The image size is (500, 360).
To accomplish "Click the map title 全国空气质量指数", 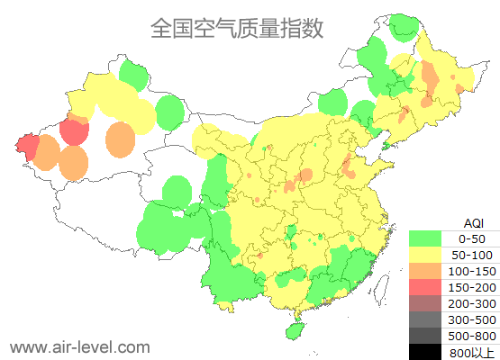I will click(236, 29).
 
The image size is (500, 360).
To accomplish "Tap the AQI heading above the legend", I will click(473, 222).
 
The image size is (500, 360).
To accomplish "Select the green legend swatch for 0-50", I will click(425, 238).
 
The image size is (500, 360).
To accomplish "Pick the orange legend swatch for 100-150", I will click(425, 271).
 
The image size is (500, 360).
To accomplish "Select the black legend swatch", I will click(425, 351).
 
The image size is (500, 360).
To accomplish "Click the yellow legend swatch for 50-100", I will click(425, 255).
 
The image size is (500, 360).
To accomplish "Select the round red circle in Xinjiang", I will click(74, 131).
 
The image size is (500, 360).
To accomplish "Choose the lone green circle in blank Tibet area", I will click(177, 191).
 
